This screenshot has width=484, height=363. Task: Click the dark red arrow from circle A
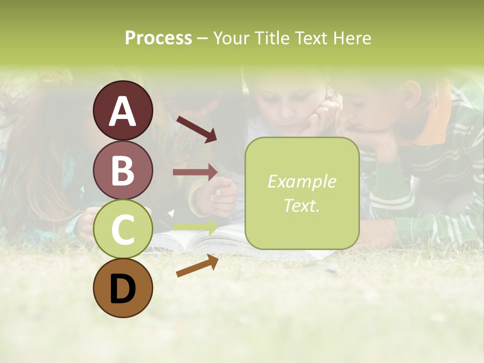point(196,129)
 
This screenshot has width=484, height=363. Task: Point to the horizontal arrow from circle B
point(195,172)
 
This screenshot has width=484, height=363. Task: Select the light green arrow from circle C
point(195,226)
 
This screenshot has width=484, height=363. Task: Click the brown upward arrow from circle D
point(197,266)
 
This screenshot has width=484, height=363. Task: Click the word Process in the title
point(158,38)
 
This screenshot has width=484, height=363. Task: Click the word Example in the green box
point(301,181)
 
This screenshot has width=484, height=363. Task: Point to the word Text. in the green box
point(301,205)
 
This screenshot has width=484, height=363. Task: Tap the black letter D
point(123,289)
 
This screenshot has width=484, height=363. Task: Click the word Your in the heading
point(231,38)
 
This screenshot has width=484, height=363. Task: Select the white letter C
point(123,230)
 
